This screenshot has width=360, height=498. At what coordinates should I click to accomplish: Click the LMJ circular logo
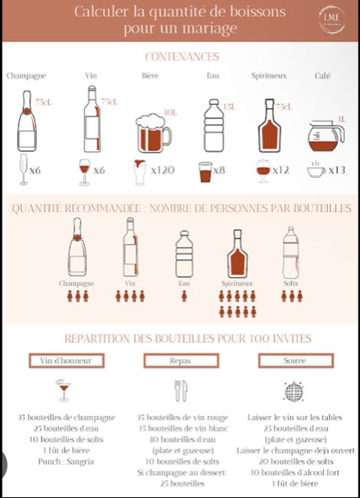tap(332, 19)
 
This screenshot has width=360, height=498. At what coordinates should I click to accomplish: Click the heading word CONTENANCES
tap(182, 57)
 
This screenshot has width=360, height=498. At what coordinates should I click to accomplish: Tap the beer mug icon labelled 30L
tap(153, 132)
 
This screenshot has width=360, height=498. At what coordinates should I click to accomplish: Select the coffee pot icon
tap(326, 136)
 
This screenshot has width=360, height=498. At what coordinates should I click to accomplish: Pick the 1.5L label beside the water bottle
tap(227, 106)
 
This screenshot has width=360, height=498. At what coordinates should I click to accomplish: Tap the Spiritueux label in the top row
tap(269, 76)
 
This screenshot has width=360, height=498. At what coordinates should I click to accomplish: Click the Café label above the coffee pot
tap(323, 76)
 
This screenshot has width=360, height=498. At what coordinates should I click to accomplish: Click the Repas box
tap(180, 360)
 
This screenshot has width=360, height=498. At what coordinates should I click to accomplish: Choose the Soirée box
tap(295, 360)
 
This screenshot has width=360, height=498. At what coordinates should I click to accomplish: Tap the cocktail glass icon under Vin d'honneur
tap(63, 390)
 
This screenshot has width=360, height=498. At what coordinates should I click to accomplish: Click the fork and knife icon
tap(181, 391)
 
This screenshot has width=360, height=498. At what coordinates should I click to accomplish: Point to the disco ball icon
tap(295, 391)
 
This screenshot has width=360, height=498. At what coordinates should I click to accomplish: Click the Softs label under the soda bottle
tap(291, 283)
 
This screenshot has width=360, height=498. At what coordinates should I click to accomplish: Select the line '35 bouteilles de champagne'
tap(67, 418)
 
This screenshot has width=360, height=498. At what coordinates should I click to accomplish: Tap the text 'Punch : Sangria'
tap(67, 461)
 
